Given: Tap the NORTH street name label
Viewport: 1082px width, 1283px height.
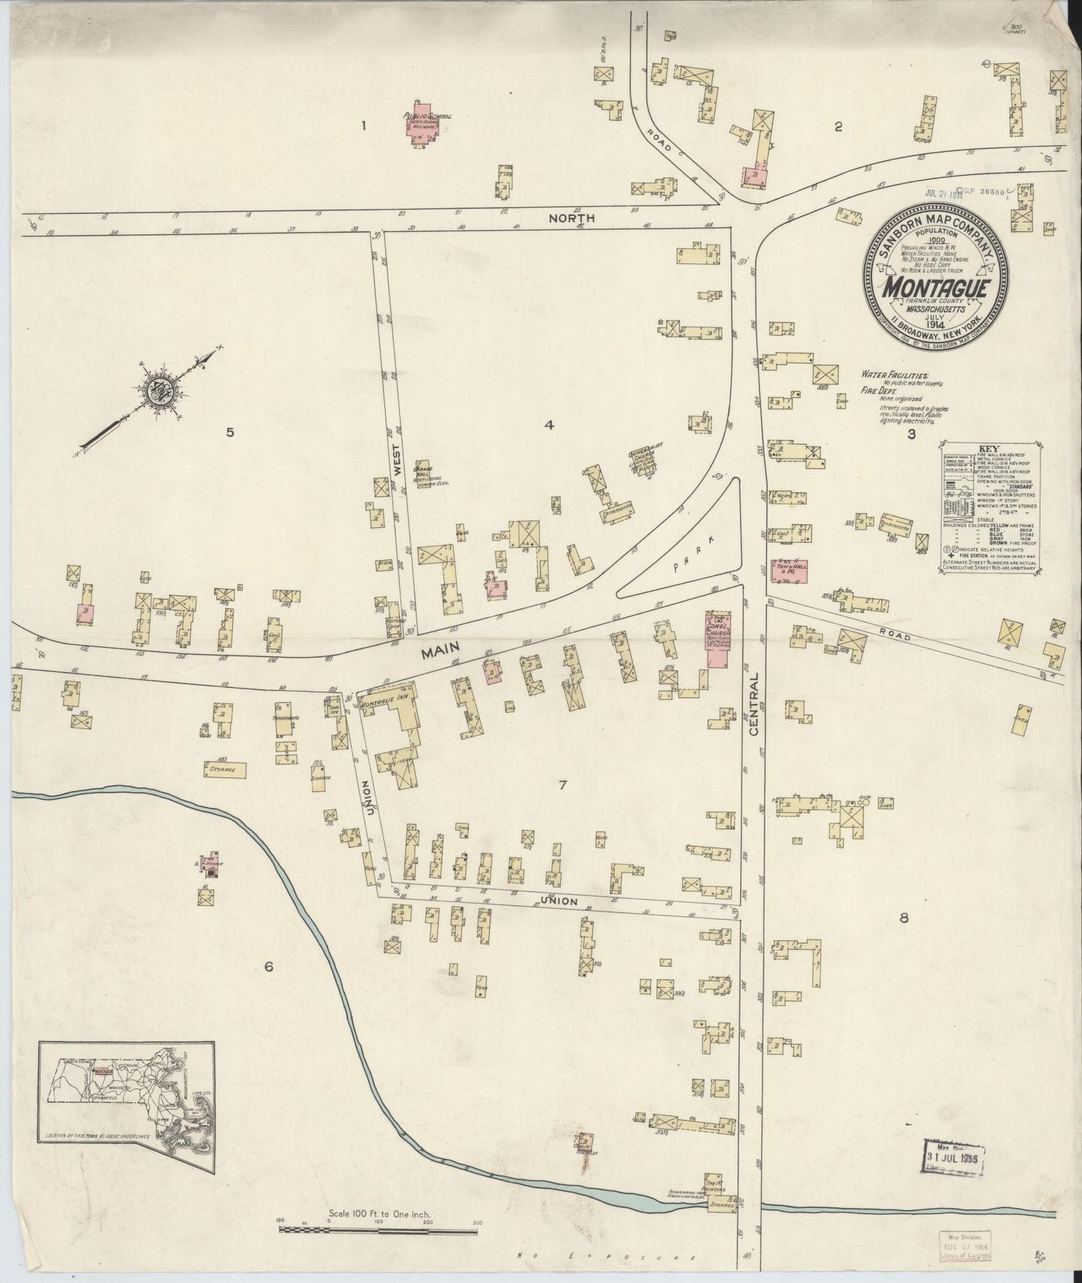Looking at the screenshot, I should pos(571,218).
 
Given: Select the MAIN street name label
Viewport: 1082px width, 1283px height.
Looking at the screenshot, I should pos(439,653).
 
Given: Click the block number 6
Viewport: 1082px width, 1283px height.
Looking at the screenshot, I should pos(268,967).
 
